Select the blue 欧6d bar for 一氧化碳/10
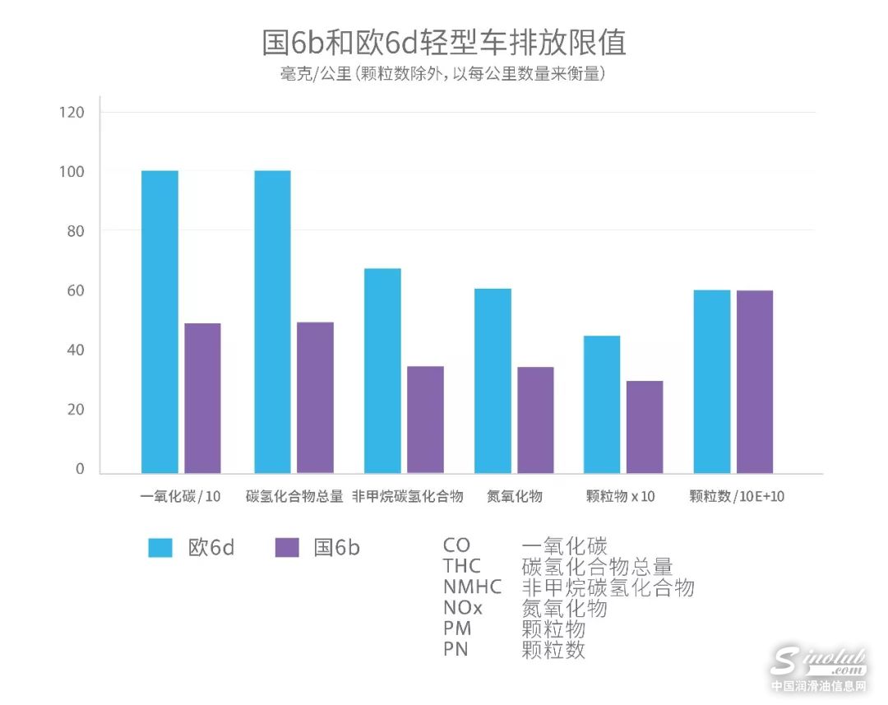pyautogui.click(x=160, y=322)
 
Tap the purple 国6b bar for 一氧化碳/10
pyautogui.click(x=202, y=398)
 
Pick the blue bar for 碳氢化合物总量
pyautogui.click(x=272, y=322)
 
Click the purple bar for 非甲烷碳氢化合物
pyautogui.click(x=425, y=420)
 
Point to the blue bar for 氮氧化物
pyautogui.click(x=493, y=381)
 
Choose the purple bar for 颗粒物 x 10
pyautogui.click(x=645, y=427)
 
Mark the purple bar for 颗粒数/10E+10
pyautogui.click(x=754, y=382)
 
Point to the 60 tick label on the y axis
pyautogui.click(x=76, y=291)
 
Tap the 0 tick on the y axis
pyautogui.click(x=80, y=469)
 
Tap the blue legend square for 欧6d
pyautogui.click(x=160, y=548)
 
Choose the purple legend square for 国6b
pyautogui.click(x=287, y=548)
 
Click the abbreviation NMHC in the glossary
pyautogui.click(x=472, y=587)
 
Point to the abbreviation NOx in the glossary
pyautogui.click(x=463, y=609)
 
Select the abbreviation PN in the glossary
pyautogui.click(x=456, y=650)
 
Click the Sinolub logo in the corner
pyautogui.click(x=817, y=666)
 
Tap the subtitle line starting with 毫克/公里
pyautogui.click(x=443, y=74)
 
